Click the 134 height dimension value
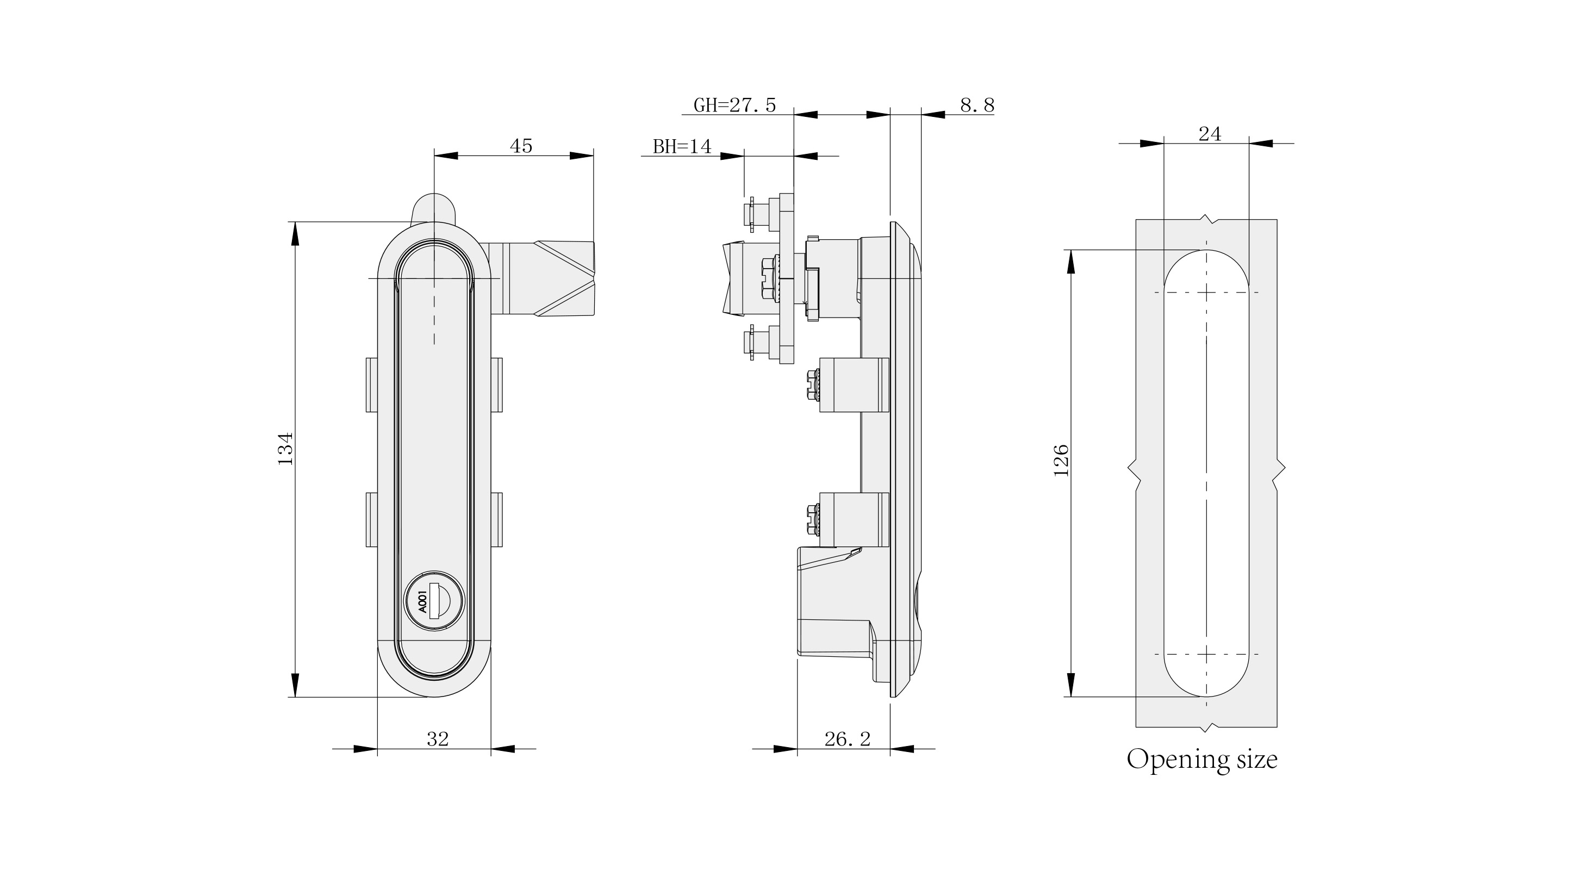(285, 449)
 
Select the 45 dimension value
(521, 146)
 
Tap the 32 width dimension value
(437, 739)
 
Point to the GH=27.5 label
(734, 105)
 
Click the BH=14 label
(682, 147)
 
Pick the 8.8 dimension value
(977, 105)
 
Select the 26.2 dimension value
(847, 739)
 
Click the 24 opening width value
(1210, 134)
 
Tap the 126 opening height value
(1061, 460)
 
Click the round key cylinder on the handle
(434, 602)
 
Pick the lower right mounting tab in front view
(496, 519)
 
